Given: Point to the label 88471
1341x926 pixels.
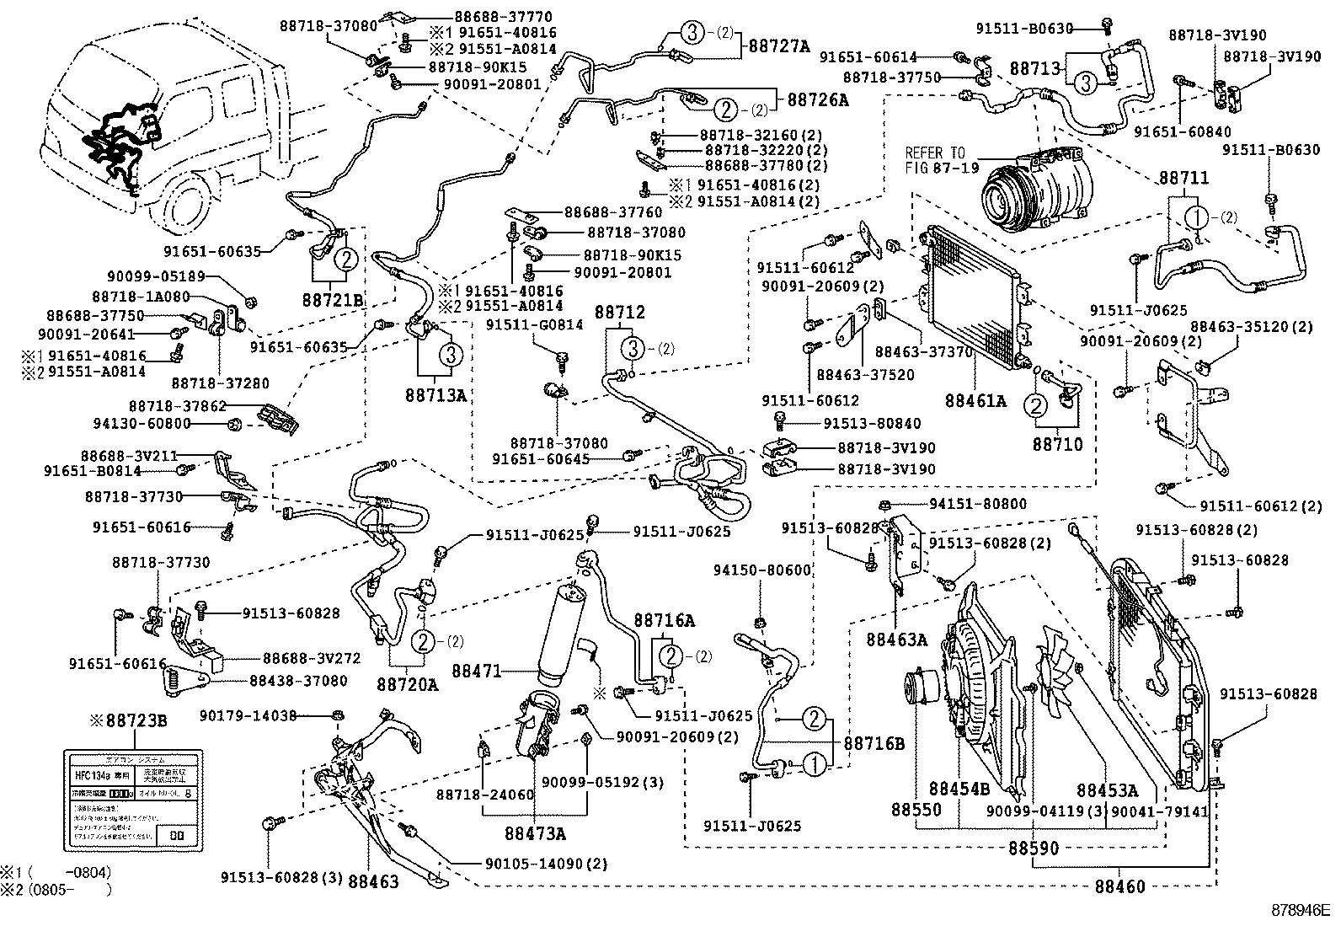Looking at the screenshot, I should click(477, 672).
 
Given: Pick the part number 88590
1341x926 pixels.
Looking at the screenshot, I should click(1034, 848).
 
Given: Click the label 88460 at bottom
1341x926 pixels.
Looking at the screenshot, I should click(1120, 886).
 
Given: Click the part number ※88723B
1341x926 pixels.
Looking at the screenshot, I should click(129, 721).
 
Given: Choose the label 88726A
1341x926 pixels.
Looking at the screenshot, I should click(818, 99).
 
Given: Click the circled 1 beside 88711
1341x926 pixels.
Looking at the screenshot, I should click(1197, 217).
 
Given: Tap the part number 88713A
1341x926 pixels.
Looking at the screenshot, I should click(435, 393).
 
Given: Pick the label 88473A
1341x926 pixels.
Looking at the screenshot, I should click(535, 833).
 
